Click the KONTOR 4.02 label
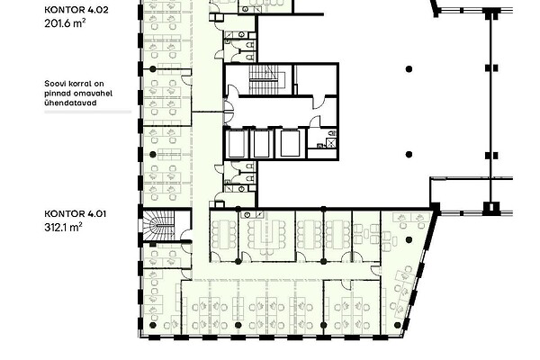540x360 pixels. (x=76, y=10)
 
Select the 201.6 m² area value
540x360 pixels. (x=65, y=23)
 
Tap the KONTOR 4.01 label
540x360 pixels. (x=76, y=213)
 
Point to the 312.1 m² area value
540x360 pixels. (x=63, y=227)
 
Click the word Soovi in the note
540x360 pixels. (x=53, y=84)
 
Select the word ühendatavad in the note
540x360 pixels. (x=70, y=103)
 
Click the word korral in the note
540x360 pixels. (x=73, y=84)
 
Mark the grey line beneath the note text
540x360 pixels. (x=88, y=112)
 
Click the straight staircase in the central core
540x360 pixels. (x=264, y=79)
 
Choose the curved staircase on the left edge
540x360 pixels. (x=158, y=225)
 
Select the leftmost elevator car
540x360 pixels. (x=236, y=143)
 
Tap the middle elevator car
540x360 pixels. (x=261, y=143)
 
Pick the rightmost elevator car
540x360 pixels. (x=290, y=143)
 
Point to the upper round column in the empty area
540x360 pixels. (x=409, y=69)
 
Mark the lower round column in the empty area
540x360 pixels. (x=409, y=154)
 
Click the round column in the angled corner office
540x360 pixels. (x=409, y=239)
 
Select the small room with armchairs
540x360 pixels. (x=366, y=236)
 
